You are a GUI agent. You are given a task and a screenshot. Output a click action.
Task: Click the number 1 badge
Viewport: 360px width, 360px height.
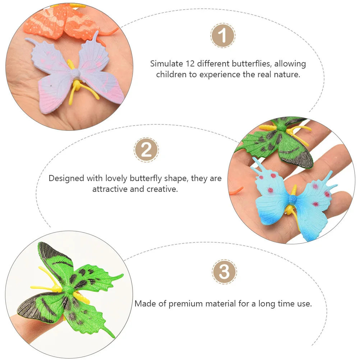click(223, 36)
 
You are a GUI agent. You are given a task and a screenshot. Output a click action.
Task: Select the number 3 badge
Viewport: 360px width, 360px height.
click(224, 272)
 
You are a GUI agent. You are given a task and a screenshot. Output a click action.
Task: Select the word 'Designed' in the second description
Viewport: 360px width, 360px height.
click(66, 178)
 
